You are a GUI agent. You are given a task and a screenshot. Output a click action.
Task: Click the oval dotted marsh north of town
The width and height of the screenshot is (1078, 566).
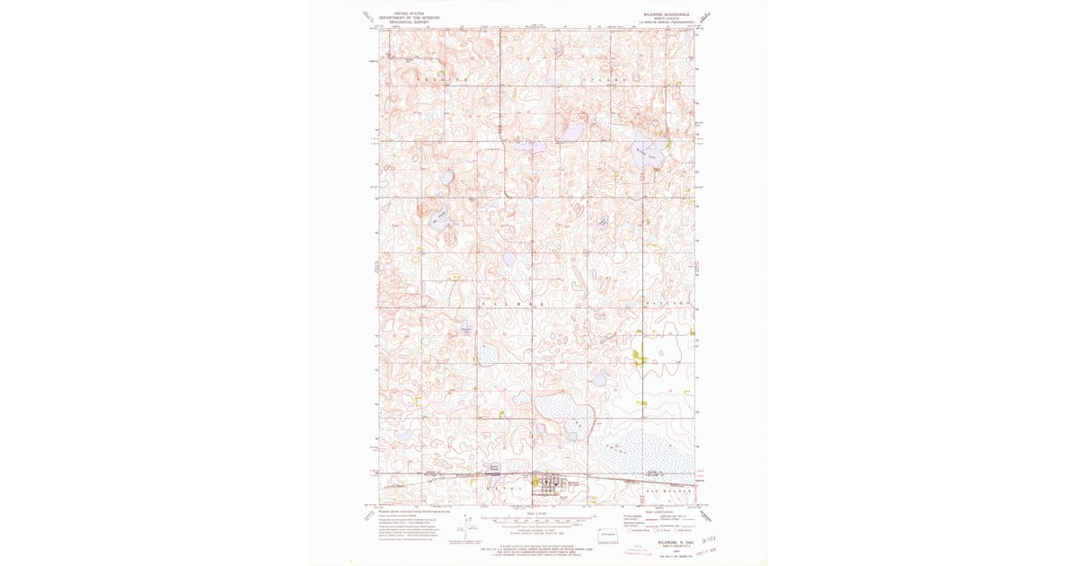tap(565, 415)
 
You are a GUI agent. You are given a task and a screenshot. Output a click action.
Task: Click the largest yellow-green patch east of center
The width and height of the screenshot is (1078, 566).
tap(639, 356)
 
